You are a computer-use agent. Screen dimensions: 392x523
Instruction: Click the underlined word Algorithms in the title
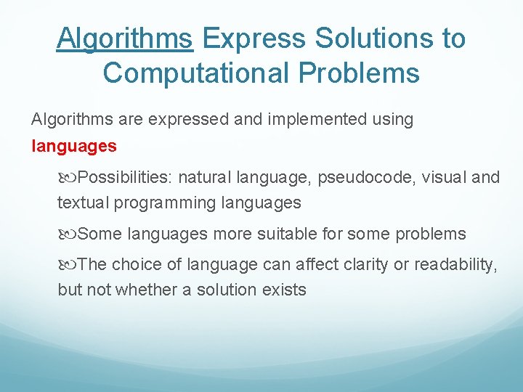coord(124,38)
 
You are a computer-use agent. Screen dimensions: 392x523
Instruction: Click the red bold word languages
coord(74,146)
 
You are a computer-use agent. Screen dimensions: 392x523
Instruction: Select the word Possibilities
coord(125,177)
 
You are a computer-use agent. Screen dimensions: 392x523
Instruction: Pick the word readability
coord(454,265)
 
